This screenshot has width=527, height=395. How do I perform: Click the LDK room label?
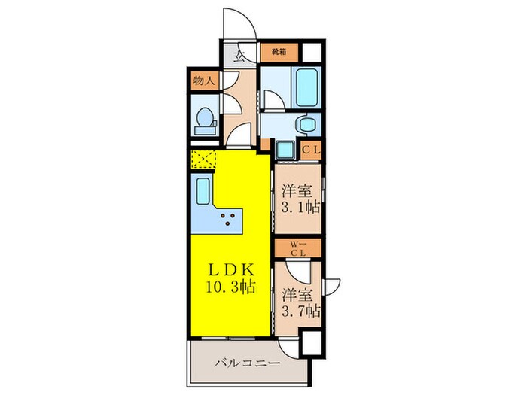(230, 269)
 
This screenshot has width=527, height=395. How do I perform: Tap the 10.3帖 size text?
(230, 286)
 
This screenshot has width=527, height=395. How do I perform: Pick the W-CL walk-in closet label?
(298, 247)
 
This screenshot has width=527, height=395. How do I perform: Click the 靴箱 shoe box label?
(279, 53)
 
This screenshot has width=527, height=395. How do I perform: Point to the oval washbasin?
(306, 124)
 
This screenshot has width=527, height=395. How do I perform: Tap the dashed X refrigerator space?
(204, 160)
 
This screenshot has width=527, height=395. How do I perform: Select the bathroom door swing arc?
(271, 98)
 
